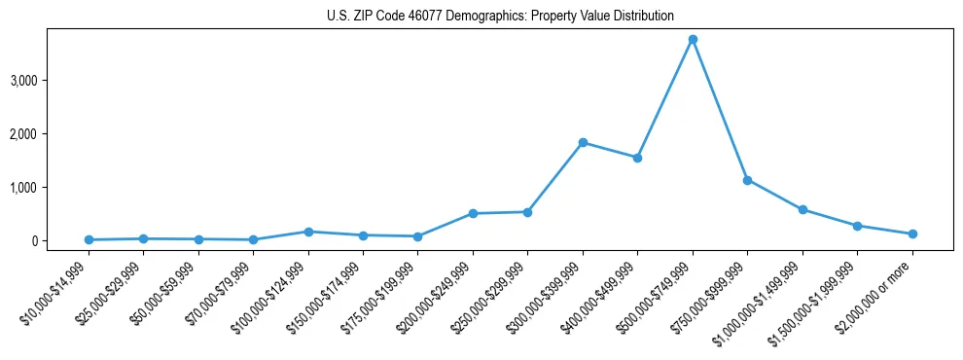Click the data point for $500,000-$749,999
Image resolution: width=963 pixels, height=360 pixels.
[x=693, y=39]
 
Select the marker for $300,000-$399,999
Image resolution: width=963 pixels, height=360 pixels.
[x=583, y=142]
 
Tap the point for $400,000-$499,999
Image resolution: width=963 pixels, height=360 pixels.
[x=637, y=158]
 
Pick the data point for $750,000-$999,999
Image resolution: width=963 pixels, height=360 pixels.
[x=747, y=180]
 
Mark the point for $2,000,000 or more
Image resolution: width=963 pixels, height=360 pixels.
[x=912, y=234]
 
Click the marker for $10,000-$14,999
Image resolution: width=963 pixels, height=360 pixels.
[x=89, y=239]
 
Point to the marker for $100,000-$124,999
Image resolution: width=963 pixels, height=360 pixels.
[x=308, y=232]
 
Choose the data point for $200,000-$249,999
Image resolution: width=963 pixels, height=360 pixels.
[x=473, y=213]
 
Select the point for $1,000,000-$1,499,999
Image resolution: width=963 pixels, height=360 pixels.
[x=802, y=209]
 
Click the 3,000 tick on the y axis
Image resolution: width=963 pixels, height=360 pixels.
[x=23, y=80]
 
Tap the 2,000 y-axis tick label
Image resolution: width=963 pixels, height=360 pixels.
[x=23, y=133]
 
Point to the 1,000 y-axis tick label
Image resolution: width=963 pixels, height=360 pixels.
[x=23, y=187]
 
